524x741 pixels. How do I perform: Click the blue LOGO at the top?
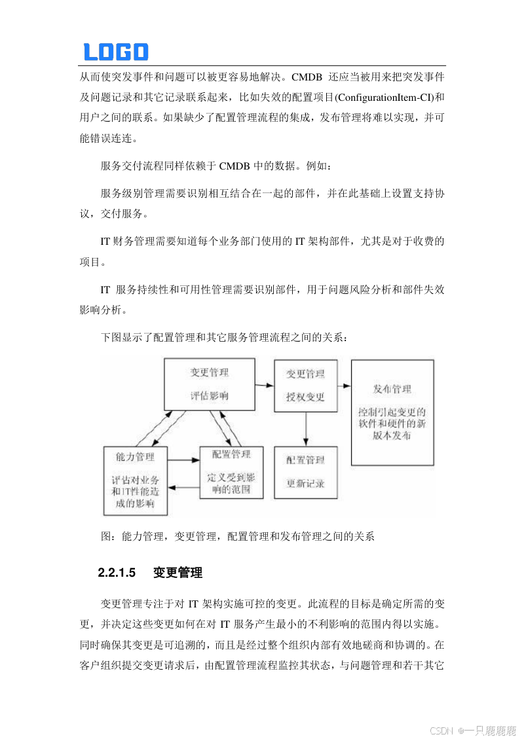pos(116,52)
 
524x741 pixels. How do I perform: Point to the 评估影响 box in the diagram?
pos(209,384)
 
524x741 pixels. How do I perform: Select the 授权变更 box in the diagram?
pos(305,386)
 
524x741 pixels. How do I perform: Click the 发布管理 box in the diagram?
pos(392,412)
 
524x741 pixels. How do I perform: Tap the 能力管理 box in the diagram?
pos(135,480)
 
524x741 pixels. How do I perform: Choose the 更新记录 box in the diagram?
pos(305,473)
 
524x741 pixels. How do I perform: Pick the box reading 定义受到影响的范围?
pos(231,472)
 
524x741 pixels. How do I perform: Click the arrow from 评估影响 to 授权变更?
pos(264,386)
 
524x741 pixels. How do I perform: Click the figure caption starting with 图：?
pos(237,536)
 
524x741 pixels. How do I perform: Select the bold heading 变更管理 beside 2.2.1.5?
pos(178,573)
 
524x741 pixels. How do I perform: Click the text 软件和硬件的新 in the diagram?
pos(392,424)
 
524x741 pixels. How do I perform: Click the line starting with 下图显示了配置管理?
pos(225,338)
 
